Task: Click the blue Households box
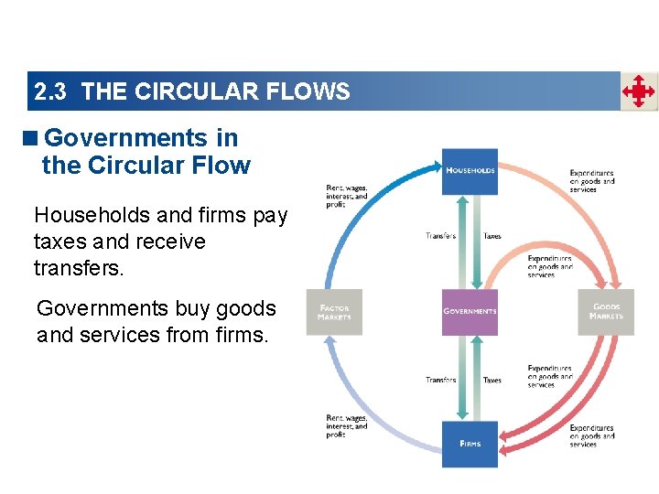[470, 171]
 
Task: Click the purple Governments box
[470, 312]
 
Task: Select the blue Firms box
[470, 444]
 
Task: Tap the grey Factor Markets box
[333, 312]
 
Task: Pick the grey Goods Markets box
[605, 312]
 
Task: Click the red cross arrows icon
[639, 91]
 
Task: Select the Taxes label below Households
[492, 236]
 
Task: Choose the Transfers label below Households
[441, 236]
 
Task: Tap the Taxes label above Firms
[492, 380]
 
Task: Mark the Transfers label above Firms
[441, 380]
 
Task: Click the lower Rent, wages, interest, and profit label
[347, 426]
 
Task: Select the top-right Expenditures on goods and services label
[591, 181]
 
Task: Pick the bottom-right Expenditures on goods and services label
[591, 436]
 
